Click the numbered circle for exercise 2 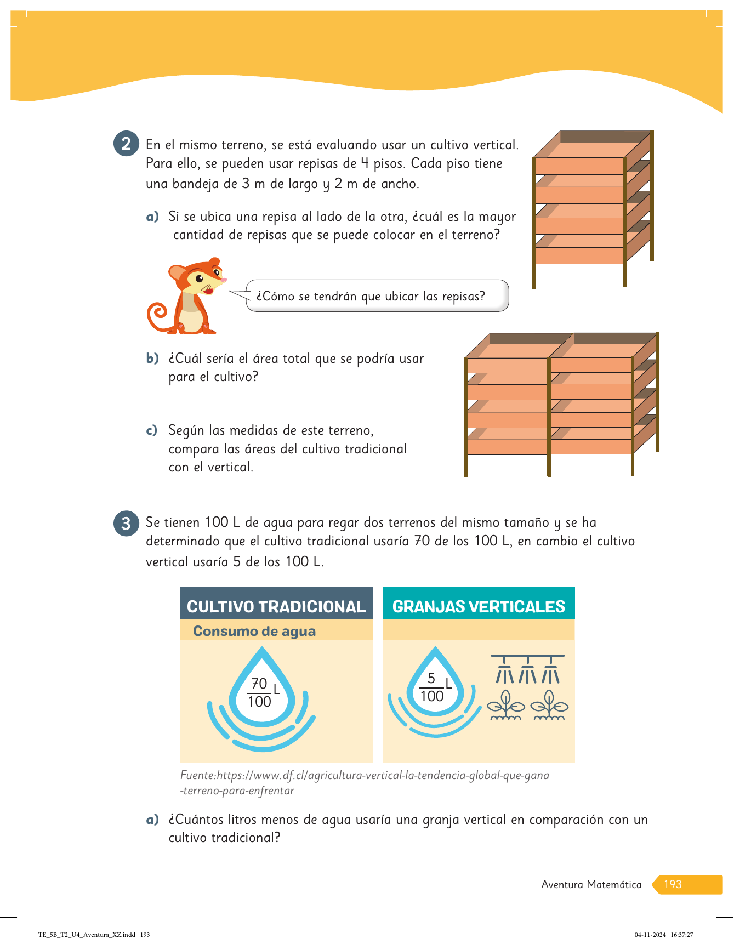click(126, 144)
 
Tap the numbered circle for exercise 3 click(126, 524)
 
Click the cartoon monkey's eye click(199, 279)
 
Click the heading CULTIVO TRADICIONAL click(276, 606)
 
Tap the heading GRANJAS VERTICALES click(479, 606)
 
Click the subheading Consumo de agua click(254, 631)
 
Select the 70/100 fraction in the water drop click(259, 692)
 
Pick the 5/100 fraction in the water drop click(432, 687)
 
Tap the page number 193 click(673, 884)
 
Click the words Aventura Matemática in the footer click(591, 884)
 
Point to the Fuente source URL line click(365, 776)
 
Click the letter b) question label click(152, 359)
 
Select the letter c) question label click(152, 430)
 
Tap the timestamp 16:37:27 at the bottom click(682, 935)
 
